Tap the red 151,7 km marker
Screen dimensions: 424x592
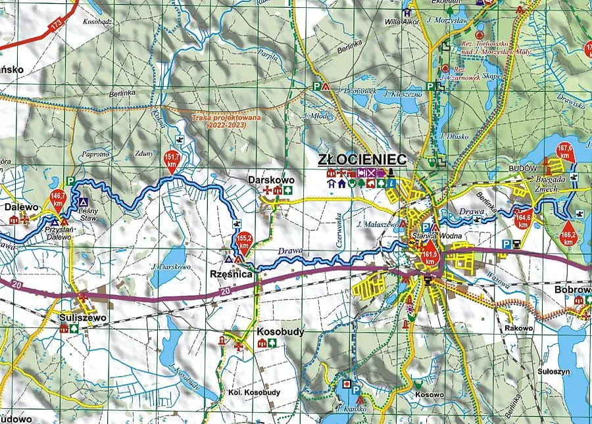click(172, 158)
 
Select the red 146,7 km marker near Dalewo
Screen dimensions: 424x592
click(59, 197)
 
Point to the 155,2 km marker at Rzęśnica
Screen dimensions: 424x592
click(244, 243)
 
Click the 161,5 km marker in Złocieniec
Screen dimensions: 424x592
click(430, 252)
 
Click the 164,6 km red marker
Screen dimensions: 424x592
click(523, 217)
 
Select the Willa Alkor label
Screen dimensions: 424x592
click(403, 20)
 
